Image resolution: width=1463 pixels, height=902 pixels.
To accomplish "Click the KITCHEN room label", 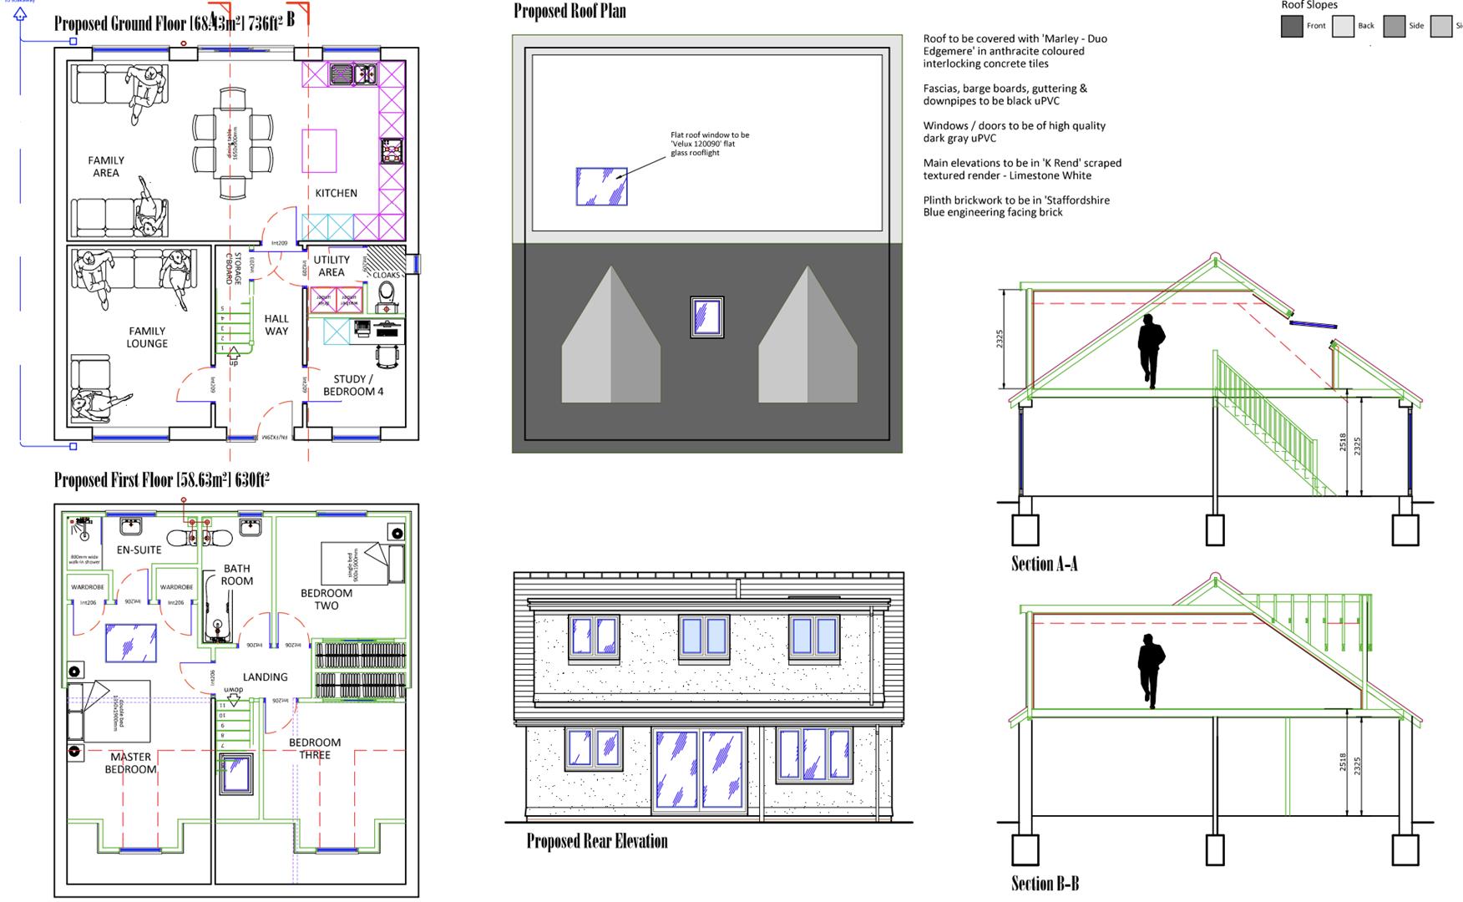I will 336,193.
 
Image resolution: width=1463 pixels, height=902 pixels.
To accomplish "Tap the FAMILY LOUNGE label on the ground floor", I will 147,337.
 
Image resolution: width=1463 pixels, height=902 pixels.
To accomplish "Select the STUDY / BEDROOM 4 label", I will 353,385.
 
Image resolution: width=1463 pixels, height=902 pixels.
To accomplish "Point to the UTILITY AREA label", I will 332,266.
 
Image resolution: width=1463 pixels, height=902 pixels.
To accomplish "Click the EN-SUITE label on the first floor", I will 139,550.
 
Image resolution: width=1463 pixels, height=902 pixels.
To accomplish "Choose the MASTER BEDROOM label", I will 130,763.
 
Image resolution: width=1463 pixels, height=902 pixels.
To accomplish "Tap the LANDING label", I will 265,677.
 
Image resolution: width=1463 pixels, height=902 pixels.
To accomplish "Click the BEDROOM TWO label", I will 327,599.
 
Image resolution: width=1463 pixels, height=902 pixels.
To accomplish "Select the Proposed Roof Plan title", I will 570,11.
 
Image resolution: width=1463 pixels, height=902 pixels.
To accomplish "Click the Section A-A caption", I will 1044,565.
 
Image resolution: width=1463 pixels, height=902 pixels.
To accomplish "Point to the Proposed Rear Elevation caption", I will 596,841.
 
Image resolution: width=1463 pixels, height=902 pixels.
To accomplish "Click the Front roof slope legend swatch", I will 1292,26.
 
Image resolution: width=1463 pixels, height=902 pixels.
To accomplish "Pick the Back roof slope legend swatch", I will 1343,26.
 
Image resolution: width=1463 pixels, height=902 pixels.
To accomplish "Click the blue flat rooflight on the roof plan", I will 601,186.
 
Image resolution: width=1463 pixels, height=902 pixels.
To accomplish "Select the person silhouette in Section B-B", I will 1151,671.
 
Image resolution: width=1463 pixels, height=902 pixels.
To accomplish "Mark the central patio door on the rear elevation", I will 700,770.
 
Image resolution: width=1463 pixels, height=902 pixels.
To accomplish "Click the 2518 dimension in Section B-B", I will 1343,763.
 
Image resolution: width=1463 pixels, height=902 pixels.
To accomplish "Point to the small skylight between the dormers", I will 706,318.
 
